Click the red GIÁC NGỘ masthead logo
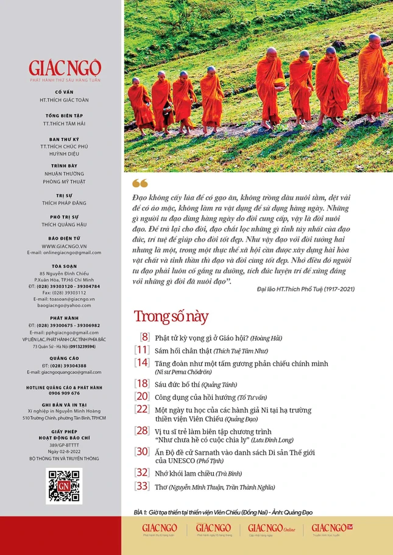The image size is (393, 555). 65,68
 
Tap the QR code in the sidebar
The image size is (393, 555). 64,486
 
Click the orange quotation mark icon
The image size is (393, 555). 140,183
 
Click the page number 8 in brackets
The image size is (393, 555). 145,337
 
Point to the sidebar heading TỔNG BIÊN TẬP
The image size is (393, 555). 64,115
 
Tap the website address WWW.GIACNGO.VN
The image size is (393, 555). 64,246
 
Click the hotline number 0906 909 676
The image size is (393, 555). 64,393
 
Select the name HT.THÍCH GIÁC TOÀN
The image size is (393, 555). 64,99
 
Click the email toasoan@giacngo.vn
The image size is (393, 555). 64,299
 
